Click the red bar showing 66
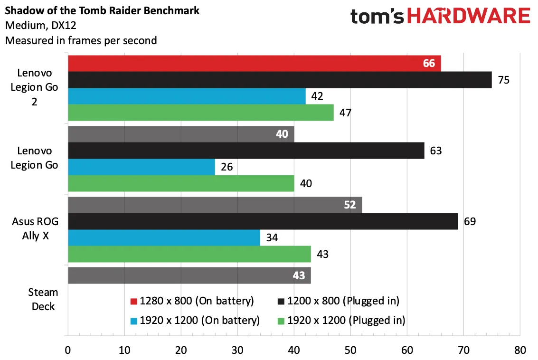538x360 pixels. tap(254, 64)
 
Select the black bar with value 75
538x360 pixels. tap(280, 80)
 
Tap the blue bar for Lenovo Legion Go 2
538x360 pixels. tap(187, 96)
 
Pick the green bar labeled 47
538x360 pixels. tap(201, 113)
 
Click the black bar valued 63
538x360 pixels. tap(246, 151)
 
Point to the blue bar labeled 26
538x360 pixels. tap(142, 167)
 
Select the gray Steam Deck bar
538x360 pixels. tap(189, 275)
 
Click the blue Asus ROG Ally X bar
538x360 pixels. tap(164, 238)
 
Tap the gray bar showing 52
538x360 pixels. tap(215, 205)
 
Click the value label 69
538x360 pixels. tap(470, 221)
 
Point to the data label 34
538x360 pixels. tap(272, 237)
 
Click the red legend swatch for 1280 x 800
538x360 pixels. tap(134, 301)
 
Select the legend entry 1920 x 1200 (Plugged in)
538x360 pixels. tap(341, 321)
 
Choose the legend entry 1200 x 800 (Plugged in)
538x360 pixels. tap(338, 301)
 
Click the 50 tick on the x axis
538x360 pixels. tap(350, 350)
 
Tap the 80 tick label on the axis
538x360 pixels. tap(520, 350)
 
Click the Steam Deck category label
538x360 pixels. tap(43, 299)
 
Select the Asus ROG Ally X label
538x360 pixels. tap(35, 228)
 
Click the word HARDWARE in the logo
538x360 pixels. tap(469, 16)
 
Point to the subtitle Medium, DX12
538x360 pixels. tap(41, 25)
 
